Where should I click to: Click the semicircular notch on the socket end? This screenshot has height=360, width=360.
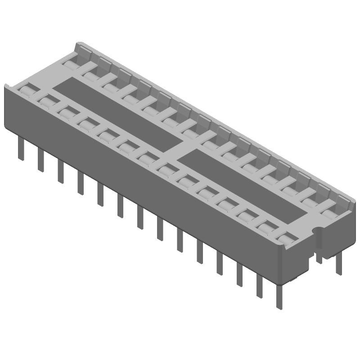tap(318, 233)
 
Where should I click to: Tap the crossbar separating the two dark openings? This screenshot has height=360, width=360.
tap(180, 147)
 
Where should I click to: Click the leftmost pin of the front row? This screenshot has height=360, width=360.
tap(20, 148)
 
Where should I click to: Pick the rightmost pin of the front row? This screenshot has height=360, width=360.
tap(280, 297)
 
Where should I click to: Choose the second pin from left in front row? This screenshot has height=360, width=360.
tap(41, 160)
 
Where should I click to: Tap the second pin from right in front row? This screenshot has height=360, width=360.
tap(260, 285)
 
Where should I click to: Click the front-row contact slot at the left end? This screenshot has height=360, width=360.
tap(28, 90)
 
